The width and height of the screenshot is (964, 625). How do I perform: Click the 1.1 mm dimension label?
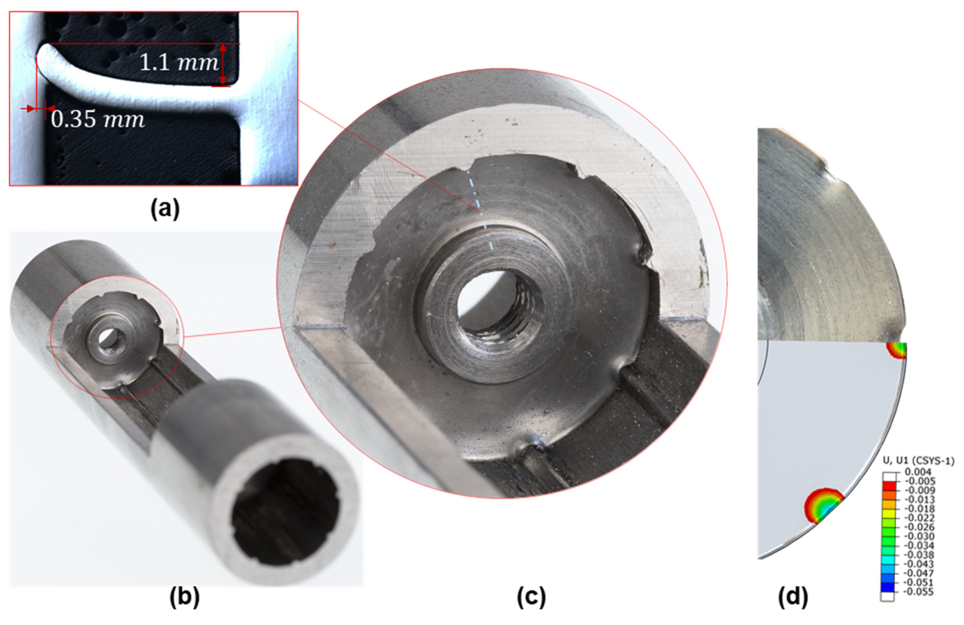coord(179,63)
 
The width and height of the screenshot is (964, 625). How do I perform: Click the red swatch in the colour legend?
coord(887,486)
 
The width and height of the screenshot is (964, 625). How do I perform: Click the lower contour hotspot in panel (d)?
coord(822,506)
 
